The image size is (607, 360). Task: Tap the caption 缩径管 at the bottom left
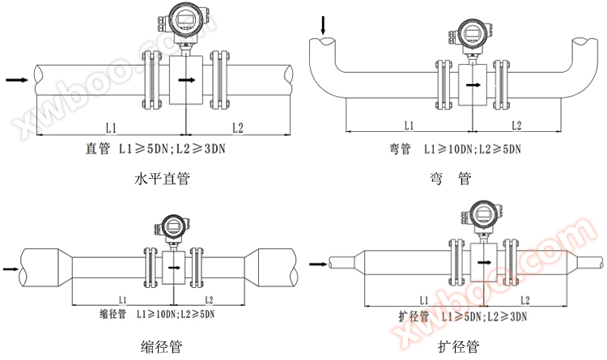click(161, 347)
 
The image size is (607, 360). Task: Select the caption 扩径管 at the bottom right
click(459, 347)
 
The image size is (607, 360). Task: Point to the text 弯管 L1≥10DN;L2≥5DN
click(454, 149)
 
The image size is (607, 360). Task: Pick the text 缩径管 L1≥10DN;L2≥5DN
click(156, 312)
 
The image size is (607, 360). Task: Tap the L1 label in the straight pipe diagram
click(112, 127)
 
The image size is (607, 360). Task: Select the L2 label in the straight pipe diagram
click(237, 127)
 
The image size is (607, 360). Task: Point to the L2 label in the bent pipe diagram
click(516, 125)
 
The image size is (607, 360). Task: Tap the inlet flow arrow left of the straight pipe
click(15, 80)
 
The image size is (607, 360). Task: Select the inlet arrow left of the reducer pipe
click(10, 268)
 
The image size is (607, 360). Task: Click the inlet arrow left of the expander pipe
click(320, 262)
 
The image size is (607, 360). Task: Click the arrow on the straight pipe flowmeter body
click(186, 80)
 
